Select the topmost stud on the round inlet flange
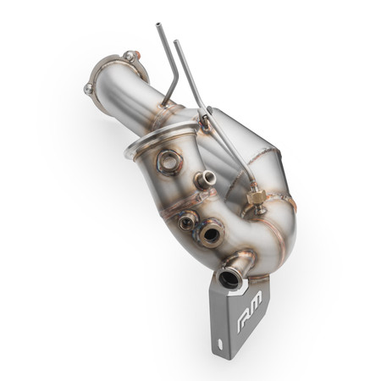pos(130,57)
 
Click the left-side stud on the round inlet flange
pos(89,87)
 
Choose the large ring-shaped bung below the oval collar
pos(168,160)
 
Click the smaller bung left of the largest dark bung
pos(186,223)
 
